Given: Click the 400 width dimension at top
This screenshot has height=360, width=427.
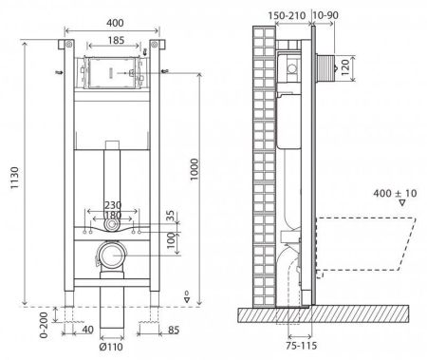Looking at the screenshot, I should (113, 22).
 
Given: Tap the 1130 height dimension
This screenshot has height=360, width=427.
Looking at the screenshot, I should (11, 174).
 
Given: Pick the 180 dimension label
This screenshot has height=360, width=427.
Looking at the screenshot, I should (112, 217).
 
